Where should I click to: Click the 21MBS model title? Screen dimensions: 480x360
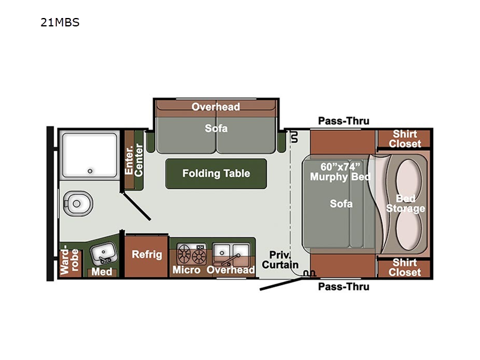click(60, 22)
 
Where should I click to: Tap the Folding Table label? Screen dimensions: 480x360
click(216, 173)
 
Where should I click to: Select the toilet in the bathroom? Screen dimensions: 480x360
click(78, 203)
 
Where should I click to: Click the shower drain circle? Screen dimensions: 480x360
click(90, 171)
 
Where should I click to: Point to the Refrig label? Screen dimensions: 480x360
click(146, 254)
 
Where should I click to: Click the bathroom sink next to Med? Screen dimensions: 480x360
click(103, 253)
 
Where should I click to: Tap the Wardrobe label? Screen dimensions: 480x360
click(70, 262)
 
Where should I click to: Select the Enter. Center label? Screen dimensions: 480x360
click(134, 160)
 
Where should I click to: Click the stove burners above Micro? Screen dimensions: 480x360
click(191, 254)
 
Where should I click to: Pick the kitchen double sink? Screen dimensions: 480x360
click(231, 254)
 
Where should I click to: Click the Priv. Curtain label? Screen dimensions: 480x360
click(280, 260)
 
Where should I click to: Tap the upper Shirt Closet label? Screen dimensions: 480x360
click(404, 139)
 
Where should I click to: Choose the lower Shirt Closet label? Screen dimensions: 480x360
click(404, 267)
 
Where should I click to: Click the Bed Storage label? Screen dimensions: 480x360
click(406, 203)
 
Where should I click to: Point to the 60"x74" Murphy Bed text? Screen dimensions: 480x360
click(340, 172)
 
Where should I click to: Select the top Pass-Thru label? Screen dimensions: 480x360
click(344, 121)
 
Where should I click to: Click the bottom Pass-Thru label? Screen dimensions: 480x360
click(344, 287)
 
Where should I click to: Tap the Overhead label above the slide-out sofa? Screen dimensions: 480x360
click(216, 107)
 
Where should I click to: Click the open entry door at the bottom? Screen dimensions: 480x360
click(281, 284)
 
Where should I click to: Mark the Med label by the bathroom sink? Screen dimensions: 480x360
click(101, 272)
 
